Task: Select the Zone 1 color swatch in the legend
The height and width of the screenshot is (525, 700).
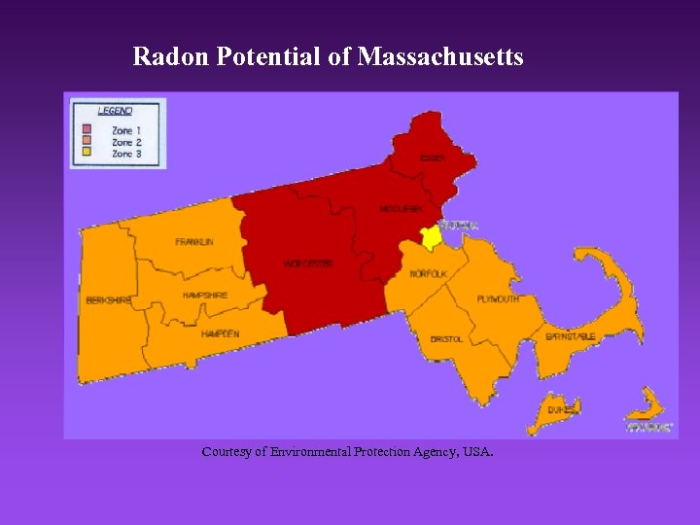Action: coord(87,129)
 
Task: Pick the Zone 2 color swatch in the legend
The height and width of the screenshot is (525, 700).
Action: coord(87,142)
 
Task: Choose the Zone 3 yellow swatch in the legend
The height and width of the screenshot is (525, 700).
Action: coord(87,154)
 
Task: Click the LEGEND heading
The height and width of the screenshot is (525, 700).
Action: coord(115,110)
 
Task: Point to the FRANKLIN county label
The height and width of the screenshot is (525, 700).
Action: coord(194,241)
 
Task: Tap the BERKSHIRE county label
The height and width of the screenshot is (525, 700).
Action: coord(108,300)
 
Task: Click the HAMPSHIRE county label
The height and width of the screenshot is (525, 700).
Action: coord(205,295)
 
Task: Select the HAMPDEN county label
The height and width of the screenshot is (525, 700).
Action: coord(220,333)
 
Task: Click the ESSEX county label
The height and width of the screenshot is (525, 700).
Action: coord(433,157)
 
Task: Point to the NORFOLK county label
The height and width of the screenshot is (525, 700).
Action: coord(428,274)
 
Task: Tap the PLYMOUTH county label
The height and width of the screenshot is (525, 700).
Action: coord(498,298)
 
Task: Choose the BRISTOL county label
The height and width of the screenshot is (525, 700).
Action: coord(446,339)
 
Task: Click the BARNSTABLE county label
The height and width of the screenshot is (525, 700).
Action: coord(571,336)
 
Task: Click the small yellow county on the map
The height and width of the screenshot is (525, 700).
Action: coord(431,237)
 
